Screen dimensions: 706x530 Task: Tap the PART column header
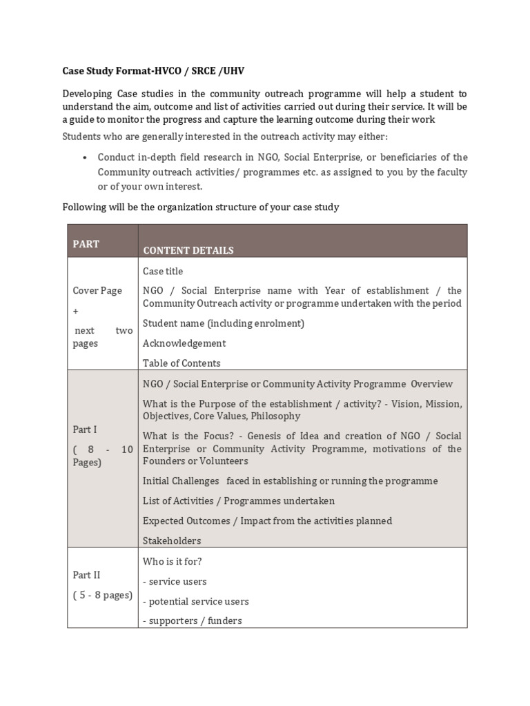(86, 244)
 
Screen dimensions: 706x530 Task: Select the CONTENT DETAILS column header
(188, 250)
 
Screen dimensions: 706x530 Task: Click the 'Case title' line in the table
(163, 271)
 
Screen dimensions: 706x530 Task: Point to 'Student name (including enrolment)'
(223, 323)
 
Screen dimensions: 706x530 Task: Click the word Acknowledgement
(184, 343)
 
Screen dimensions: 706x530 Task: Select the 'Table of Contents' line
(181, 363)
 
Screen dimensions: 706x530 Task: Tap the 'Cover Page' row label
(97, 290)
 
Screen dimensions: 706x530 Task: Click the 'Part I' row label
(85, 430)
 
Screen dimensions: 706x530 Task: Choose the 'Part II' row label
(87, 575)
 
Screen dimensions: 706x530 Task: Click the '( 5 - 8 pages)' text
(102, 595)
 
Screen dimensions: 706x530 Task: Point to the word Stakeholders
(172, 541)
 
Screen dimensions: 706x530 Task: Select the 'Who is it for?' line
(172, 561)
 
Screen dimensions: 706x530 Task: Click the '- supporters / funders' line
(193, 621)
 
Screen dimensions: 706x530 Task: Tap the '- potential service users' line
(196, 601)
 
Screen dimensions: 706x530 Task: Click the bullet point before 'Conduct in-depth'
(84, 157)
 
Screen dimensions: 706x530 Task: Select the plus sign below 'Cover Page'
(76, 311)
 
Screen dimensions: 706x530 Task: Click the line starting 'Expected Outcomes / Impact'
(267, 521)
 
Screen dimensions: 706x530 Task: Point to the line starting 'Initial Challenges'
(290, 481)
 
